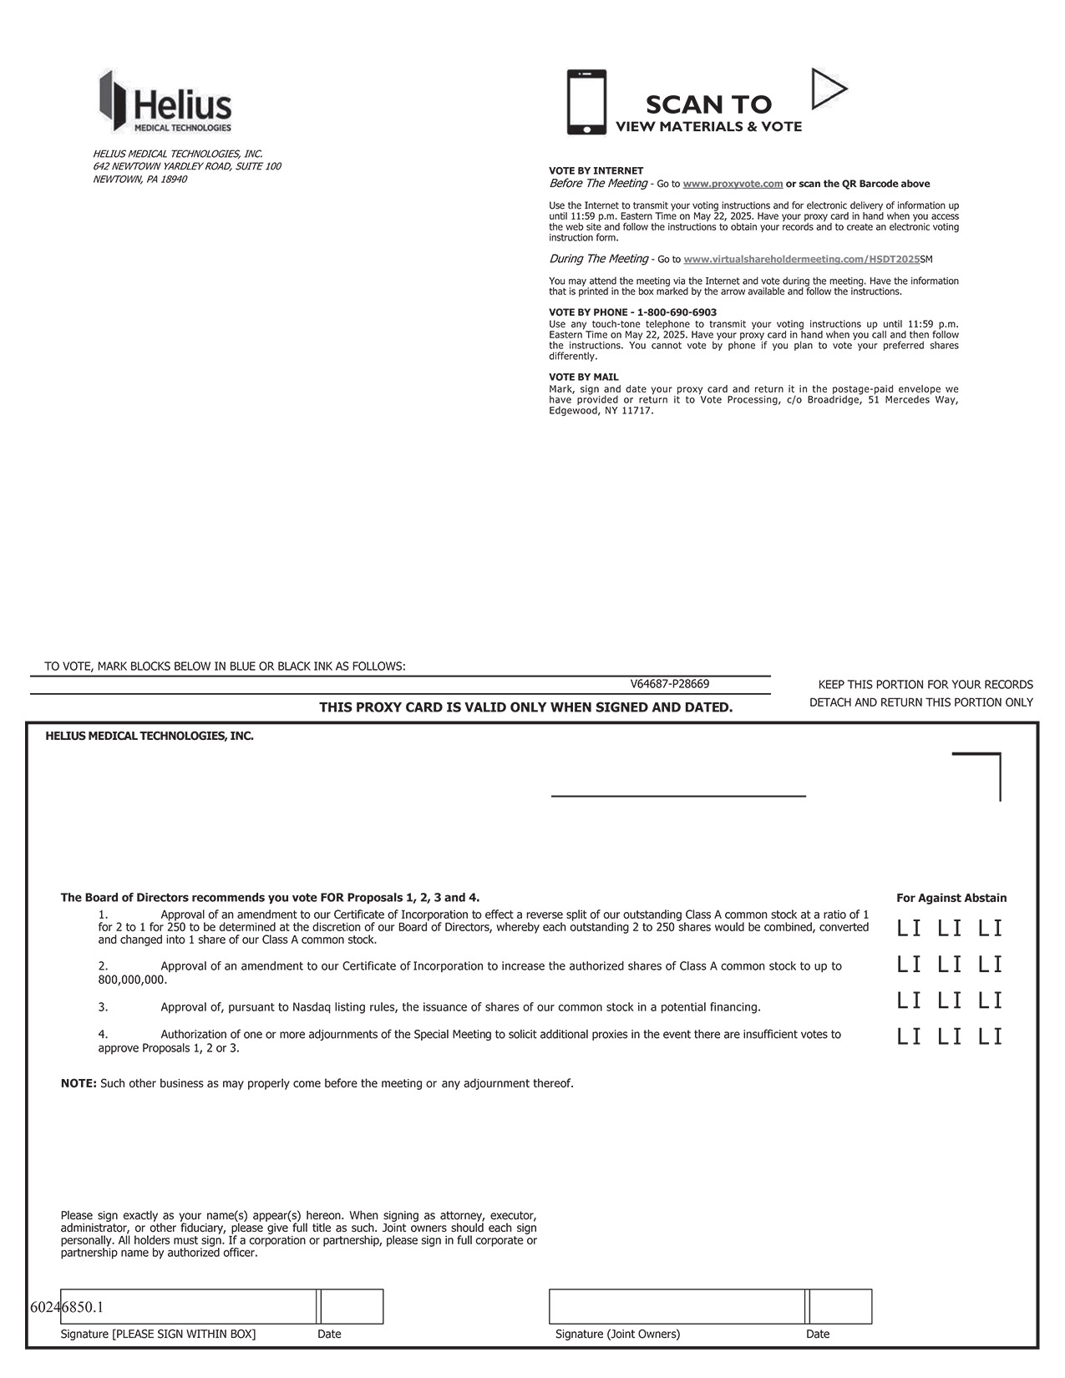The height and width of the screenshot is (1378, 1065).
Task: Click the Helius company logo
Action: pos(165,102)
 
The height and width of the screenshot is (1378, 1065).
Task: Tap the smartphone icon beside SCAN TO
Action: pos(586,102)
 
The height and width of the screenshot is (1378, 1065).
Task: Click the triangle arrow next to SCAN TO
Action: pos(827,89)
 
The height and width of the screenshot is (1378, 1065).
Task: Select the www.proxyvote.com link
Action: pos(733,184)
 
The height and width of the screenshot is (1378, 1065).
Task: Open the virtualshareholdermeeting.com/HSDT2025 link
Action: pos(801,260)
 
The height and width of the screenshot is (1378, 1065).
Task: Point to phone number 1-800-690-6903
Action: pos(677,312)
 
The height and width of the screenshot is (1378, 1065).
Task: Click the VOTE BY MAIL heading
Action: pos(584,377)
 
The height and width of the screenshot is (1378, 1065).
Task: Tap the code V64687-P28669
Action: pos(670,684)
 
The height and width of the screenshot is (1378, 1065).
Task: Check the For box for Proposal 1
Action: pos(909,928)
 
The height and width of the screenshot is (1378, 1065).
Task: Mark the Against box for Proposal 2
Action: pos(950,965)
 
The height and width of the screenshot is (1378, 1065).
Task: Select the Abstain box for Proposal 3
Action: pos(991,1001)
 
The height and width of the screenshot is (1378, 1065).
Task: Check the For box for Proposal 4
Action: pos(909,1037)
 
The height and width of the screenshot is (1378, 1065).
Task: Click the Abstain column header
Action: pos(986,898)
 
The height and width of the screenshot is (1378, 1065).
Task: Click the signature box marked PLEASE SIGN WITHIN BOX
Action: pos(188,1307)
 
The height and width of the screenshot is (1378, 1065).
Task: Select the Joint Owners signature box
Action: pos(677,1307)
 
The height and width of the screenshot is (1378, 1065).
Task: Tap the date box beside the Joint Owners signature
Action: pos(840,1307)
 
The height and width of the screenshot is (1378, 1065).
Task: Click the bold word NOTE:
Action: pos(79,1083)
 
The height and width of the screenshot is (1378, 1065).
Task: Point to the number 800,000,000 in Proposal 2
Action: pos(131,980)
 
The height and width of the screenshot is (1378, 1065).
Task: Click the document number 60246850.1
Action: pos(67,1307)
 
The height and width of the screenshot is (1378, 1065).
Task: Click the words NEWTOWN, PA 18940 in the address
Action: pos(140,180)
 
